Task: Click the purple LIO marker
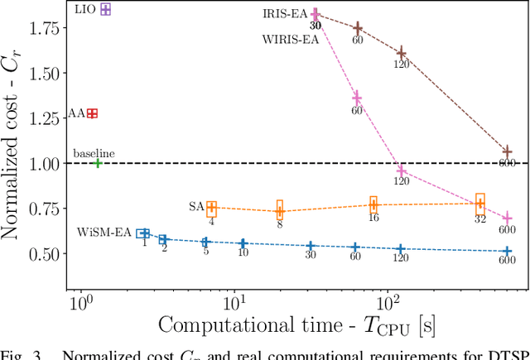pyautogui.click(x=105, y=10)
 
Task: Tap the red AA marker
pyautogui.click(x=93, y=113)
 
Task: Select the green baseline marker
pyautogui.click(x=97, y=163)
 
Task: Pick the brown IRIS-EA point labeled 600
pyautogui.click(x=508, y=151)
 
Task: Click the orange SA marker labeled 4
pyautogui.click(x=211, y=209)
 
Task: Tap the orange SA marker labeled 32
pyautogui.click(x=479, y=203)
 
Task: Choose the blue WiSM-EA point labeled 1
pyautogui.click(x=143, y=234)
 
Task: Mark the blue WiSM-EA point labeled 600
pyautogui.click(x=508, y=251)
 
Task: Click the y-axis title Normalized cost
pyautogui.click(x=14, y=153)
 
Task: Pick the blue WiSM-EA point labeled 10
pyautogui.click(x=243, y=243)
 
